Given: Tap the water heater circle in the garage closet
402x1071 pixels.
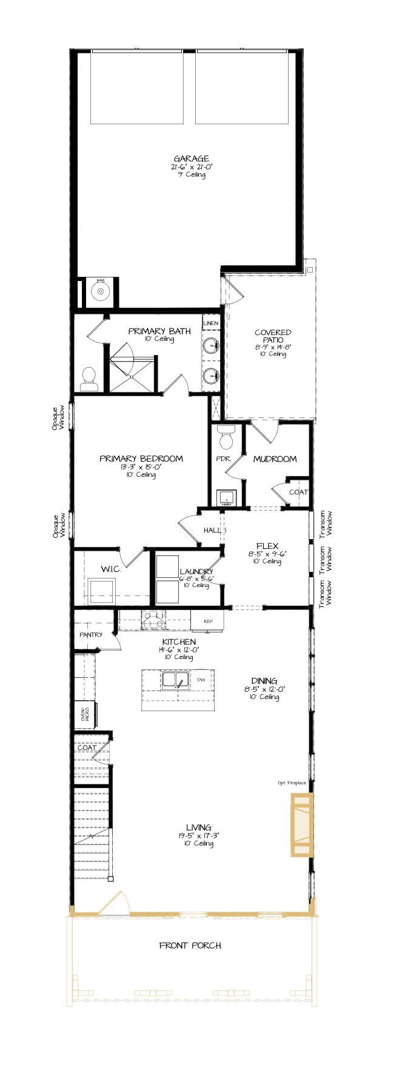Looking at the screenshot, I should (98, 292).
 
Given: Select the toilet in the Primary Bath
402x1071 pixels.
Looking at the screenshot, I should (89, 379).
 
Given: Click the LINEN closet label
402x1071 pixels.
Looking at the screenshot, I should (210, 323).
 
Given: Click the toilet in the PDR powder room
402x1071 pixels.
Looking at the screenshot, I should (226, 434).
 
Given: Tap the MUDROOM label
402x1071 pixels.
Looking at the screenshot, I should (275, 459).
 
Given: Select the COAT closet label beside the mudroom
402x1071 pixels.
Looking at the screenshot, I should (298, 492).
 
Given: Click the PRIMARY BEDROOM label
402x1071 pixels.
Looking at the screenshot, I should (141, 459).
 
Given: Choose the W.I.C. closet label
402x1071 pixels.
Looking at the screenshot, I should (111, 569).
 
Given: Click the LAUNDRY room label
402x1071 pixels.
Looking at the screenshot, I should (196, 571).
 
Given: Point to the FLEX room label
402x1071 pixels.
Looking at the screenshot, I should (267, 545).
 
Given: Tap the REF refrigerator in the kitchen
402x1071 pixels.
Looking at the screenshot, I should (207, 621).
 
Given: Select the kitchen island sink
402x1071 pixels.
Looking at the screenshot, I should (176, 680).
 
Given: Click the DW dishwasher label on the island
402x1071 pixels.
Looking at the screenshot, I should (201, 680).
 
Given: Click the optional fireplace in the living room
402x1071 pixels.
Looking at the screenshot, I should (301, 826).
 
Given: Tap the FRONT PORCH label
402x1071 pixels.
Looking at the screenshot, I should (190, 945).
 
